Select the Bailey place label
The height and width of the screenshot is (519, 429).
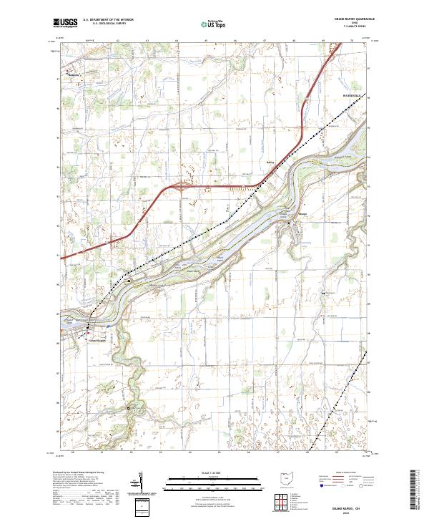[270, 163]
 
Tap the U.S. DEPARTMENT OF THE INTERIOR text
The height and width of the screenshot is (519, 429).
[108, 20]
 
